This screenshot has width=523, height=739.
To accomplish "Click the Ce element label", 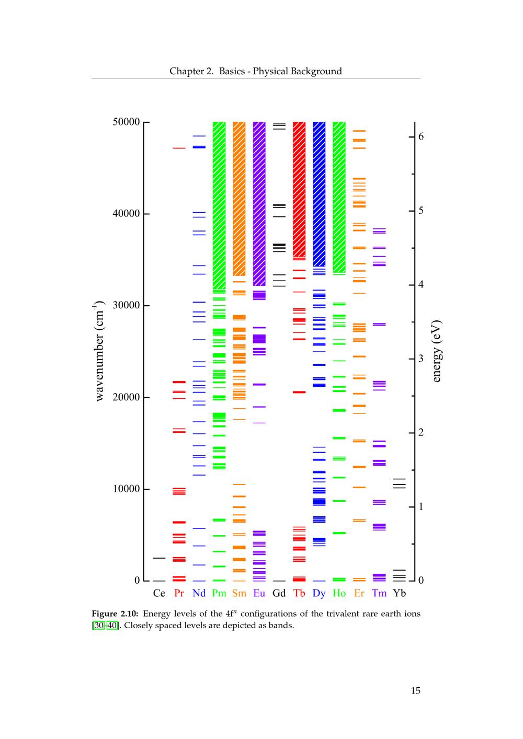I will point(159,593).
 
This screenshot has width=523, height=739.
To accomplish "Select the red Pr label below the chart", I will point(179,593).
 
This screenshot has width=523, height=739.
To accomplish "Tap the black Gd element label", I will point(279,593).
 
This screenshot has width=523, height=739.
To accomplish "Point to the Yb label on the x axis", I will point(399,593).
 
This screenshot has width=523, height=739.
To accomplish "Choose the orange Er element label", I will point(359,593).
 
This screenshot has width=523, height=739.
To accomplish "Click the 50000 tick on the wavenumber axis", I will point(126,122).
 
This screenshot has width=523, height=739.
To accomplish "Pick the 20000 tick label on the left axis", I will point(126,397).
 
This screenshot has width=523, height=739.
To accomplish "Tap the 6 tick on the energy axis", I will point(421,137).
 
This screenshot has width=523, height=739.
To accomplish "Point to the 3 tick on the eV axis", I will point(421,359).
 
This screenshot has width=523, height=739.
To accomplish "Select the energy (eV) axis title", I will point(436,351).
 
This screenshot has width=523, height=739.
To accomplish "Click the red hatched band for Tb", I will point(299,188).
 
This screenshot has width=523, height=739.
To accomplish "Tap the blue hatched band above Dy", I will point(319,193).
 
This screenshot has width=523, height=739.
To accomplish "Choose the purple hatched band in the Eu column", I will point(259,204).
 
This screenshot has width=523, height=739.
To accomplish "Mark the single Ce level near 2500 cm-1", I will point(159,558).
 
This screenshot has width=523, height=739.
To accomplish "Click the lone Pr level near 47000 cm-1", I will point(179,148).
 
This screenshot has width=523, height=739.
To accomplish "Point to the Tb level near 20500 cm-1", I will point(299,392).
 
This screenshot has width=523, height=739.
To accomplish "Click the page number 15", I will point(415,691).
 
